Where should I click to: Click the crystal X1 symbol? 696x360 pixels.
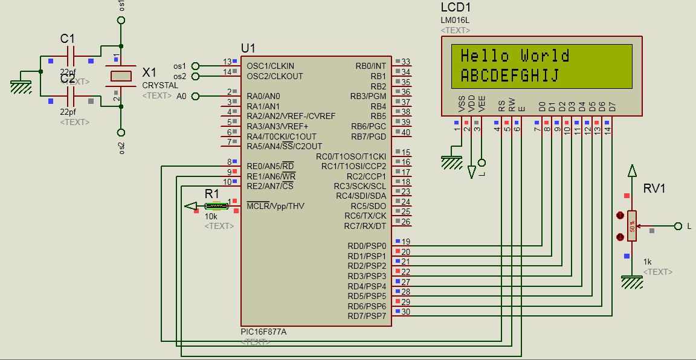(121, 76)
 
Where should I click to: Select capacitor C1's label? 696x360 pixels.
(68, 39)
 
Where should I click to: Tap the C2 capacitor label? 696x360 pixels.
(68, 79)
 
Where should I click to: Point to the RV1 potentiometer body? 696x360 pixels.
(632, 226)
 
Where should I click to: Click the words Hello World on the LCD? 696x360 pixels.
(515, 56)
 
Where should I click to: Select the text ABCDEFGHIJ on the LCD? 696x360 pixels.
(509, 76)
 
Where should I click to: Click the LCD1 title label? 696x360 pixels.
(456, 8)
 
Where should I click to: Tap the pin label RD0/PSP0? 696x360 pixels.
(367, 246)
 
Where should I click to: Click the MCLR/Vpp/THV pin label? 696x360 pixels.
(275, 206)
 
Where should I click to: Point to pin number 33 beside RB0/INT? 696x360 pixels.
(405, 62)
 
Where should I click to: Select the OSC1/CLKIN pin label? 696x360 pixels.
(271, 66)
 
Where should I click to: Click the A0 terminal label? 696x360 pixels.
(181, 96)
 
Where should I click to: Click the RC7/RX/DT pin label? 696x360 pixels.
(365, 226)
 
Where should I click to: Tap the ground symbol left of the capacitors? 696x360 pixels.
(22, 86)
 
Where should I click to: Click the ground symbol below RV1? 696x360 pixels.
(632, 281)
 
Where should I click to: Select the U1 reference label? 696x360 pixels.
(248, 48)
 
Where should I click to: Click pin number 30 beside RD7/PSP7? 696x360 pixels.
(405, 312)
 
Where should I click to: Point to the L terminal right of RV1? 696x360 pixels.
(689, 226)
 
